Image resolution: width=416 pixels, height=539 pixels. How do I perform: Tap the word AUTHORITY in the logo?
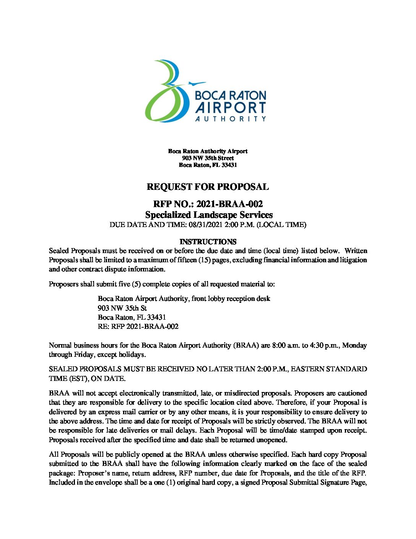pyautogui.click(x=231, y=119)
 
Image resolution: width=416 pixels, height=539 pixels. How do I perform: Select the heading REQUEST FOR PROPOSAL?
pyautogui.click(x=208, y=187)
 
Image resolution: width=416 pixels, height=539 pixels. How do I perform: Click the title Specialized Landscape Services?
pyautogui.click(x=209, y=215)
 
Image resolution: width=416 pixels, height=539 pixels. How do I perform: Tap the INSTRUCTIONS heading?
pyautogui.click(x=208, y=242)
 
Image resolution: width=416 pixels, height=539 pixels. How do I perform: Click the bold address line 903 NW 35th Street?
pyautogui.click(x=208, y=158)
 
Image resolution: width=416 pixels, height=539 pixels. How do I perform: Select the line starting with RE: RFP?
pyautogui.click(x=138, y=327)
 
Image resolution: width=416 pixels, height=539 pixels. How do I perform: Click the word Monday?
pyautogui.click(x=354, y=345)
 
